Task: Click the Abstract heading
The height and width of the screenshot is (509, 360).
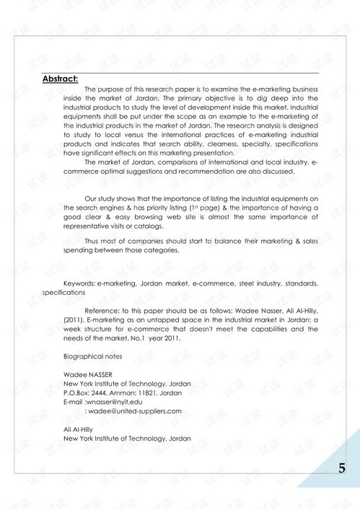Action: pyautogui.click(x=60, y=79)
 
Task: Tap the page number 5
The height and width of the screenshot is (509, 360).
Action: pyautogui.click(x=341, y=469)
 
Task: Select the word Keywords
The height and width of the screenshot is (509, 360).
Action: pyautogui.click(x=79, y=284)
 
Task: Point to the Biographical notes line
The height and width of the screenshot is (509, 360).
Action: pyautogui.click(x=92, y=357)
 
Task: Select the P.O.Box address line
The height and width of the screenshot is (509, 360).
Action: pyautogui.click(x=123, y=393)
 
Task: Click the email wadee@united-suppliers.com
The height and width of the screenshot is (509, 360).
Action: pyautogui.click(x=135, y=411)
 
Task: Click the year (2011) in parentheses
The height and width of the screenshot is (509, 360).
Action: pyautogui.click(x=75, y=319)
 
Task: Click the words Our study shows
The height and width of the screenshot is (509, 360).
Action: pyautogui.click(x=110, y=198)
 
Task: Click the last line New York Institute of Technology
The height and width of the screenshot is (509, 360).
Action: pyautogui.click(x=127, y=438)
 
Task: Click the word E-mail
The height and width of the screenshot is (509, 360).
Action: pyautogui.click(x=73, y=402)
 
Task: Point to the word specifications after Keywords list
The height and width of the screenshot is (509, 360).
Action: pyautogui.click(x=64, y=293)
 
